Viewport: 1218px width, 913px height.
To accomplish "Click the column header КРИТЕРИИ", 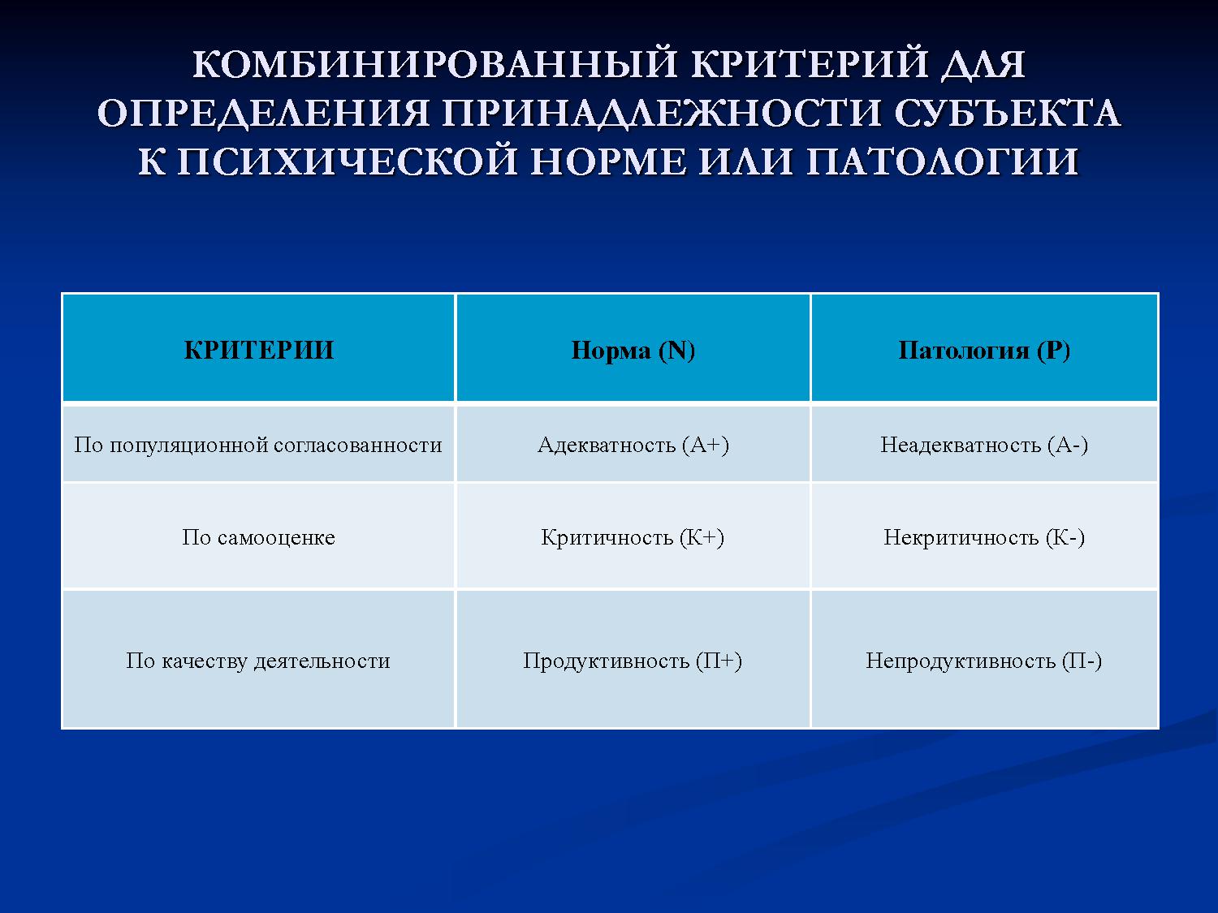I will (x=259, y=350).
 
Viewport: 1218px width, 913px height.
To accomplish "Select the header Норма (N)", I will (x=633, y=350).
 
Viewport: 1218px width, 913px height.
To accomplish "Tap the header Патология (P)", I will (x=984, y=350).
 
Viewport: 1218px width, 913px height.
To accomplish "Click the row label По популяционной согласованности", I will (x=258, y=445).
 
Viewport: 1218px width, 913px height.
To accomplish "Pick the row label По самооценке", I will (x=258, y=537).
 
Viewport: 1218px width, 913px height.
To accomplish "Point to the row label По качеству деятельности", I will (x=258, y=661).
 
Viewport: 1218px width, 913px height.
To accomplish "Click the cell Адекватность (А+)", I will (x=633, y=445).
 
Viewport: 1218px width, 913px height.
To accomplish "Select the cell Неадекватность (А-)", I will (x=984, y=445).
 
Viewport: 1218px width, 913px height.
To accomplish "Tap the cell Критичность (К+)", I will (x=633, y=537).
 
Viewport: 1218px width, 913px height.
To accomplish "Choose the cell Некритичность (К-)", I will (x=984, y=537).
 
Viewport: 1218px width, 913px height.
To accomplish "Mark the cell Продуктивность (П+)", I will (x=633, y=661).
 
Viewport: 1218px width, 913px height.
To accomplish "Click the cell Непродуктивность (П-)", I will (x=984, y=661).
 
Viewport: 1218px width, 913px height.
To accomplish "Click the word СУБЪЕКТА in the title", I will (x=1007, y=114).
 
